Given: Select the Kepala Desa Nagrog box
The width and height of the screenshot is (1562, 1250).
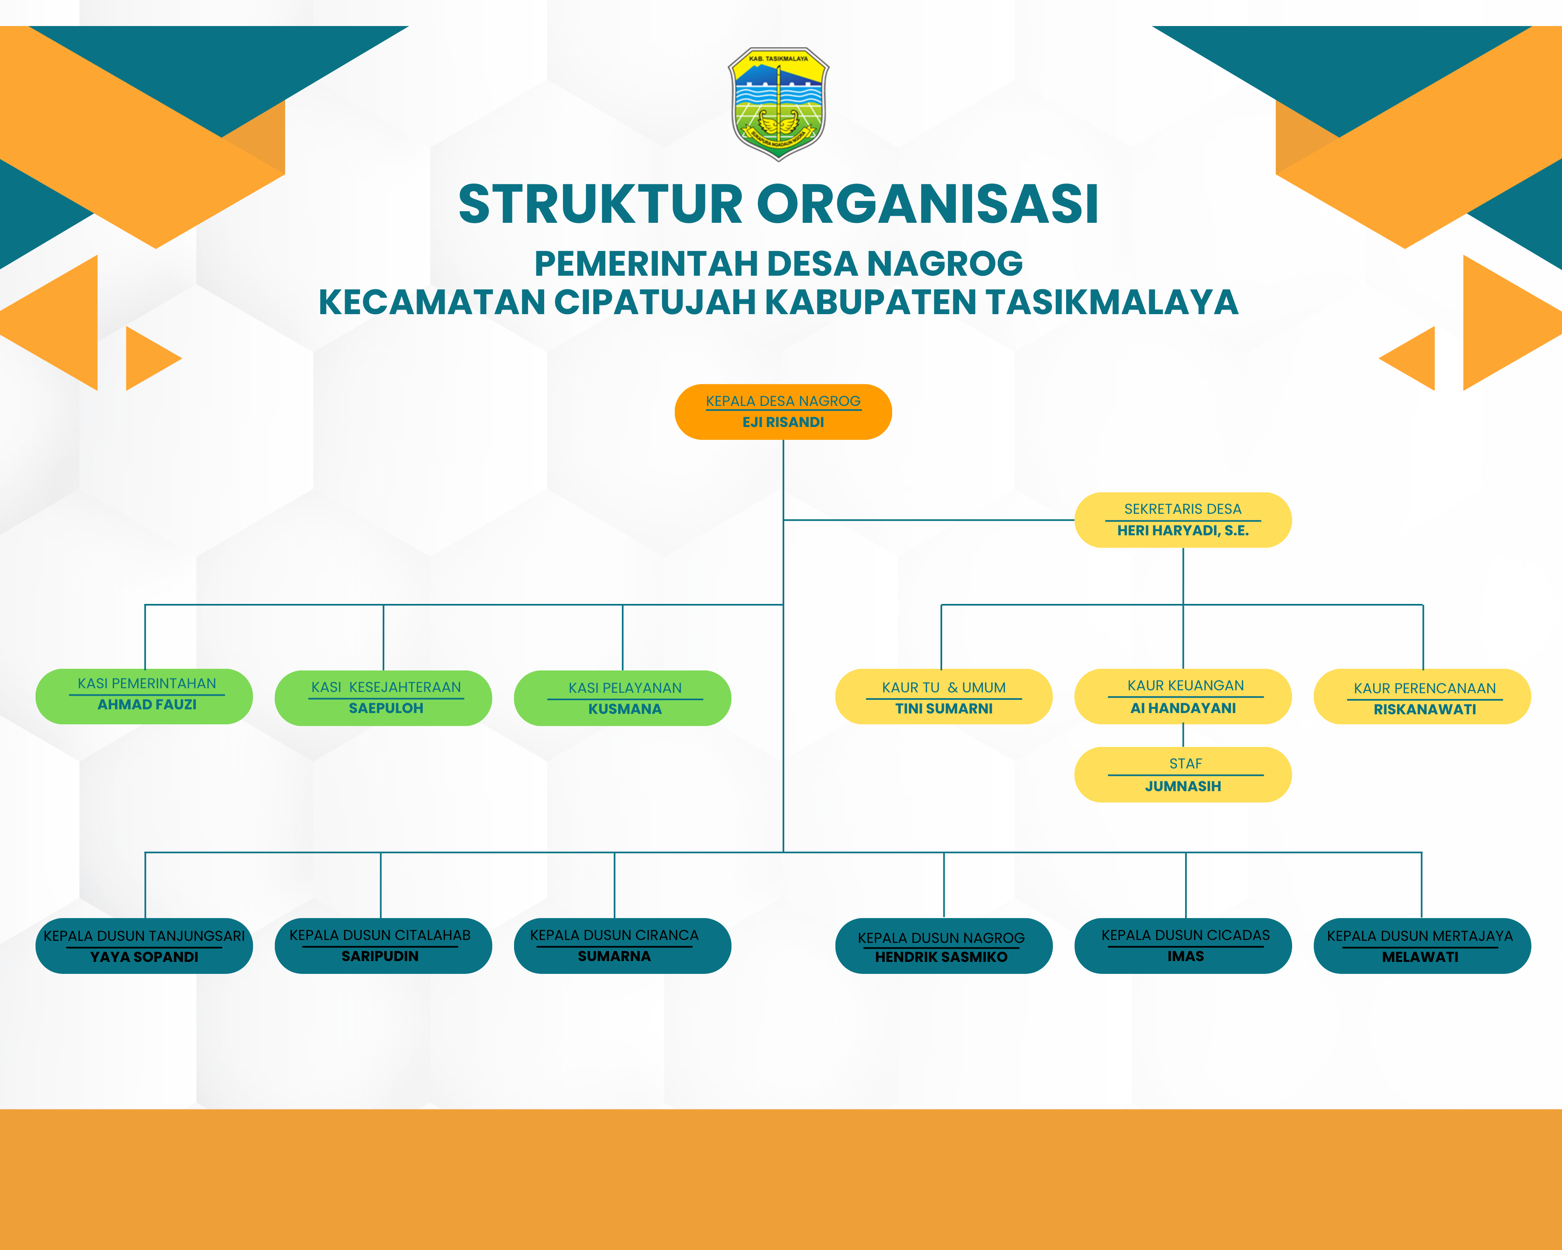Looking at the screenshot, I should [x=783, y=412].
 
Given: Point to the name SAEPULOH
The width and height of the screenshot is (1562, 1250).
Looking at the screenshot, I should [x=386, y=708].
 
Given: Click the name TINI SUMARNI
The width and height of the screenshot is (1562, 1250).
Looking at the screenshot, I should [x=943, y=708].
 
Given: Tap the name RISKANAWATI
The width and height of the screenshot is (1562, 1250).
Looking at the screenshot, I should [x=1424, y=709].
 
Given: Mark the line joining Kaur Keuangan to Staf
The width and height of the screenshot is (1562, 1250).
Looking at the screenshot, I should [x=1183, y=735].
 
